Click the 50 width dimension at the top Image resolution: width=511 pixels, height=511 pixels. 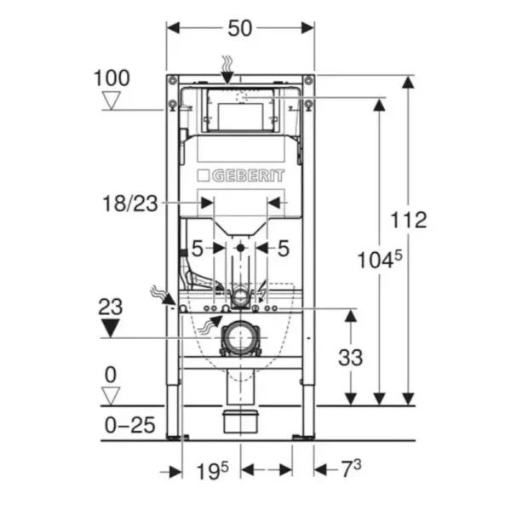coord(240,28)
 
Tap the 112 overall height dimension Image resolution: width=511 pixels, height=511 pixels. coord(408,220)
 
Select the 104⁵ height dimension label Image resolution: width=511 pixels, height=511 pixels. coord(380,260)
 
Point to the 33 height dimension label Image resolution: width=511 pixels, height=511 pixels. coord(350,358)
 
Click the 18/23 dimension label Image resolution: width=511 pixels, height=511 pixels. coord(130,204)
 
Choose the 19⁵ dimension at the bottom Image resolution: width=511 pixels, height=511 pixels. coord(212,471)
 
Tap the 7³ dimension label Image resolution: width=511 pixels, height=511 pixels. coord(351,469)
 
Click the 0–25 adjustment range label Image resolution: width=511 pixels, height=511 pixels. coord(129,425)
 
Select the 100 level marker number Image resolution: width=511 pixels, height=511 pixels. coord(112,78)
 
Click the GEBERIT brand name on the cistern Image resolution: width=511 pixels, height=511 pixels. coord(249,176)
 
